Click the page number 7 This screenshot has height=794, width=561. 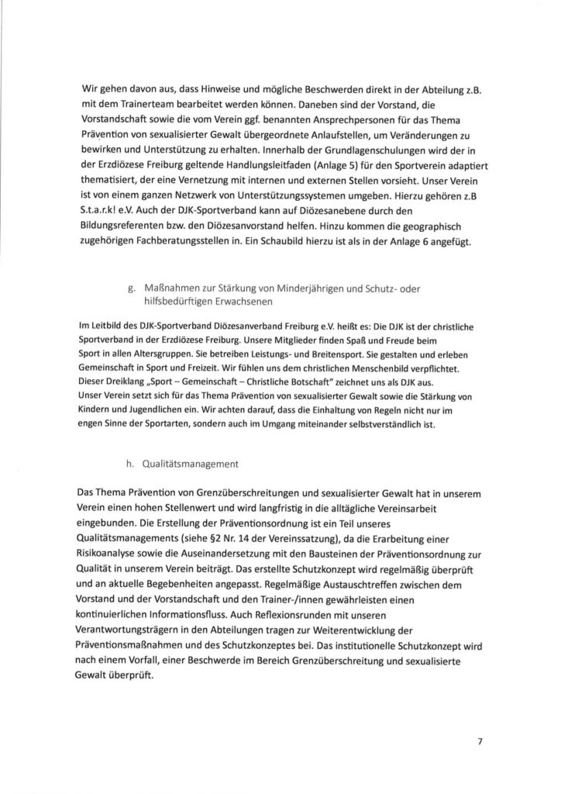480,741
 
